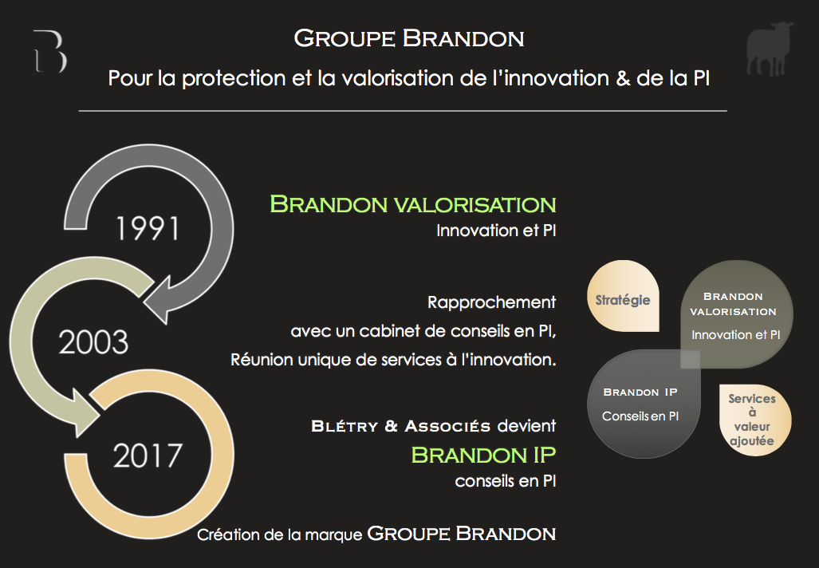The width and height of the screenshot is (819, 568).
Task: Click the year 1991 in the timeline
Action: click(x=148, y=229)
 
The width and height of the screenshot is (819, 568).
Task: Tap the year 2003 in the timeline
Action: click(x=93, y=342)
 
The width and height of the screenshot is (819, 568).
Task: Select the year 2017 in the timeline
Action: click(x=148, y=456)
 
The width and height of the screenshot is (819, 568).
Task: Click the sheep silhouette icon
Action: click(x=770, y=49)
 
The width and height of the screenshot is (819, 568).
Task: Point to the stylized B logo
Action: click(x=50, y=51)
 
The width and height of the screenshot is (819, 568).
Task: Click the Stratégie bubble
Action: click(x=623, y=296)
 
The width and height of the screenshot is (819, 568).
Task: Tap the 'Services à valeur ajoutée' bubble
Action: click(x=755, y=420)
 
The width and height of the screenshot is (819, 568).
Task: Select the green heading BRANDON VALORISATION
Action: click(x=412, y=204)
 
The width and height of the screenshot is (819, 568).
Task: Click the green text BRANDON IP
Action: click(x=484, y=456)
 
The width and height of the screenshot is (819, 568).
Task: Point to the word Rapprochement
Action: click(x=491, y=302)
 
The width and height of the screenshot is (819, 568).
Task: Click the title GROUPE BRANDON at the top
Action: click(x=409, y=38)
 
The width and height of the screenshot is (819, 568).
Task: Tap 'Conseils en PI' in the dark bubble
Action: click(x=640, y=416)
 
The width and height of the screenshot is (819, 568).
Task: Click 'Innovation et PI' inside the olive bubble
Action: click(x=736, y=335)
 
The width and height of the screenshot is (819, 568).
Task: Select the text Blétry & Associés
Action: click(x=400, y=426)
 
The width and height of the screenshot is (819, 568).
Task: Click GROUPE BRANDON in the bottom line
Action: click(x=462, y=534)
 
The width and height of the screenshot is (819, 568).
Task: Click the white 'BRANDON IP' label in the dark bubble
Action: click(x=640, y=392)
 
